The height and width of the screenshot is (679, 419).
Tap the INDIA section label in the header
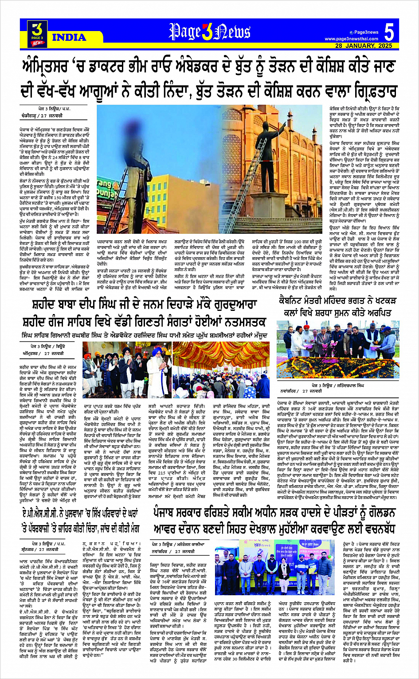pyautogui.click(x=69, y=37)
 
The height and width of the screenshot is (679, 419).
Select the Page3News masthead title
pyautogui.click(x=210, y=31)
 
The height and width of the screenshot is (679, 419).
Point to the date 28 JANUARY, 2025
pyautogui.click(x=364, y=46)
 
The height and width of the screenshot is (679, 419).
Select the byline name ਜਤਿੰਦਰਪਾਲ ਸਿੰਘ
pyautogui.click(x=349, y=385)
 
